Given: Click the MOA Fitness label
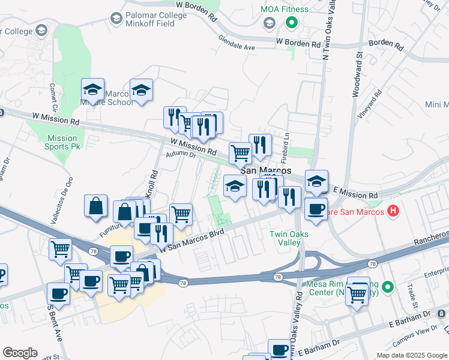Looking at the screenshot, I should (285, 9).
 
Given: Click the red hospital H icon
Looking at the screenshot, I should (393, 211).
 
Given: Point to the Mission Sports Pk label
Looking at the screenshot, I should (62, 142).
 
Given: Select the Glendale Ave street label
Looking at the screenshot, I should (237, 46).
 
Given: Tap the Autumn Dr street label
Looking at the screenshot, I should (181, 155).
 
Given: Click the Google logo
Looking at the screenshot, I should (20, 353).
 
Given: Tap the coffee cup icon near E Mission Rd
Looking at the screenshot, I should (316, 209).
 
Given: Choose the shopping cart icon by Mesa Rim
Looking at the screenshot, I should (357, 294).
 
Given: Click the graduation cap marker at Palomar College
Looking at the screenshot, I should (41, 30).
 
